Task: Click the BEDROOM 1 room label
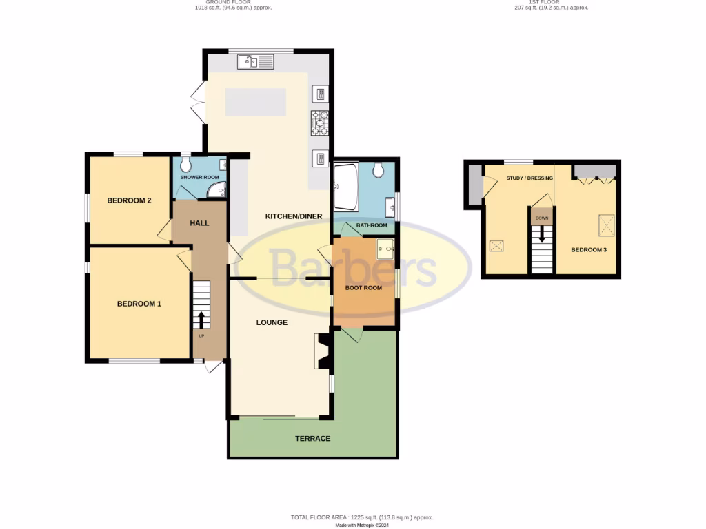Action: point(139,304)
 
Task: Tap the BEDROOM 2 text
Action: point(129,200)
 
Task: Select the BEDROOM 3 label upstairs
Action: point(588,249)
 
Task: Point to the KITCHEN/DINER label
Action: point(294,216)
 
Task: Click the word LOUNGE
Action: point(272,322)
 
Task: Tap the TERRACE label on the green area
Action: point(312,439)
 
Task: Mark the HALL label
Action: point(199,223)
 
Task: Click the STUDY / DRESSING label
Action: point(529,178)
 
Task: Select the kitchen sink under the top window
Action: point(256,63)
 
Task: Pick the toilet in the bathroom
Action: point(378,169)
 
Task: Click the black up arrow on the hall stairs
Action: point(201,320)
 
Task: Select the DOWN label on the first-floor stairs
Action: point(542,218)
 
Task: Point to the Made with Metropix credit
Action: point(362,525)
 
